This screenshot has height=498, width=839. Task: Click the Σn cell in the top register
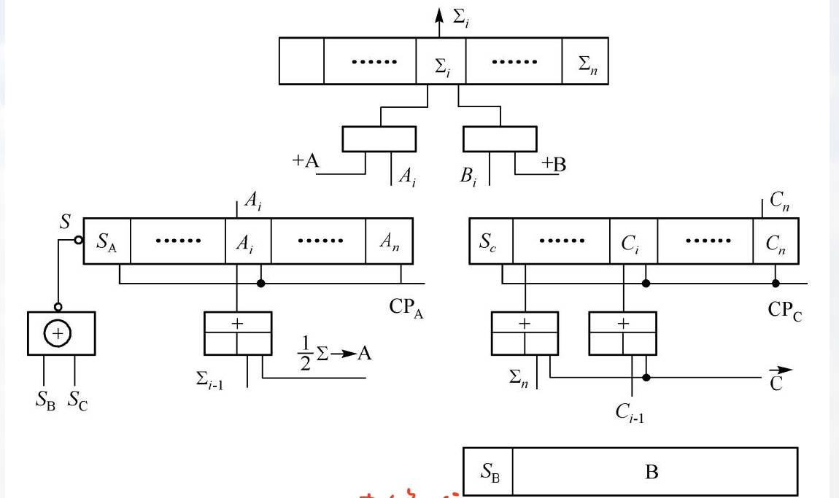coord(586,62)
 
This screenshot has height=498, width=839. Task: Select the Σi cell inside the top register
coord(441,68)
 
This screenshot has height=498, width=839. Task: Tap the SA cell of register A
coord(107,240)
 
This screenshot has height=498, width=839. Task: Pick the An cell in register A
coord(389,241)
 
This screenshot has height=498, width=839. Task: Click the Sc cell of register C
coord(490,241)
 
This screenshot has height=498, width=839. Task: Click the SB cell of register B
coord(488,471)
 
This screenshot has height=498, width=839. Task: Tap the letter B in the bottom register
coord(652,472)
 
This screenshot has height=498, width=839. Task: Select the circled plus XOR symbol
coord(57,333)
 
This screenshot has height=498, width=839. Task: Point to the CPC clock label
coord(786,309)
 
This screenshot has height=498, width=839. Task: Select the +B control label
coord(553,164)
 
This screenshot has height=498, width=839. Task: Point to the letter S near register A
coord(66,222)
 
